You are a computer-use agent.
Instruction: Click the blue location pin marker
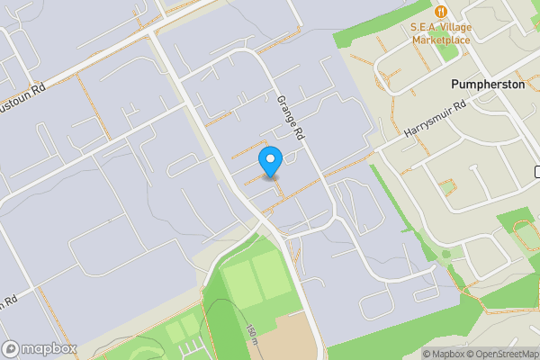pyautogui.click(x=270, y=160)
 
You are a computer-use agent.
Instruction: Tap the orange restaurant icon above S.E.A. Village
pyautogui.click(x=441, y=11)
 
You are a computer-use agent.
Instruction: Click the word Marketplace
pyautogui.click(x=441, y=40)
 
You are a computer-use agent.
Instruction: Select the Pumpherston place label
pyautogui.click(x=488, y=84)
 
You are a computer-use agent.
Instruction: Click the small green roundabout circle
pyautogui.click(x=445, y=254)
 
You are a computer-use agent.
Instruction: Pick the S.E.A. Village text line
pyautogui.click(x=441, y=27)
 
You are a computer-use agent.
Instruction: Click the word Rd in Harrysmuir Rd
pyautogui.click(x=459, y=107)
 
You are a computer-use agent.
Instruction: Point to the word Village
pyautogui.click(x=455, y=27)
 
